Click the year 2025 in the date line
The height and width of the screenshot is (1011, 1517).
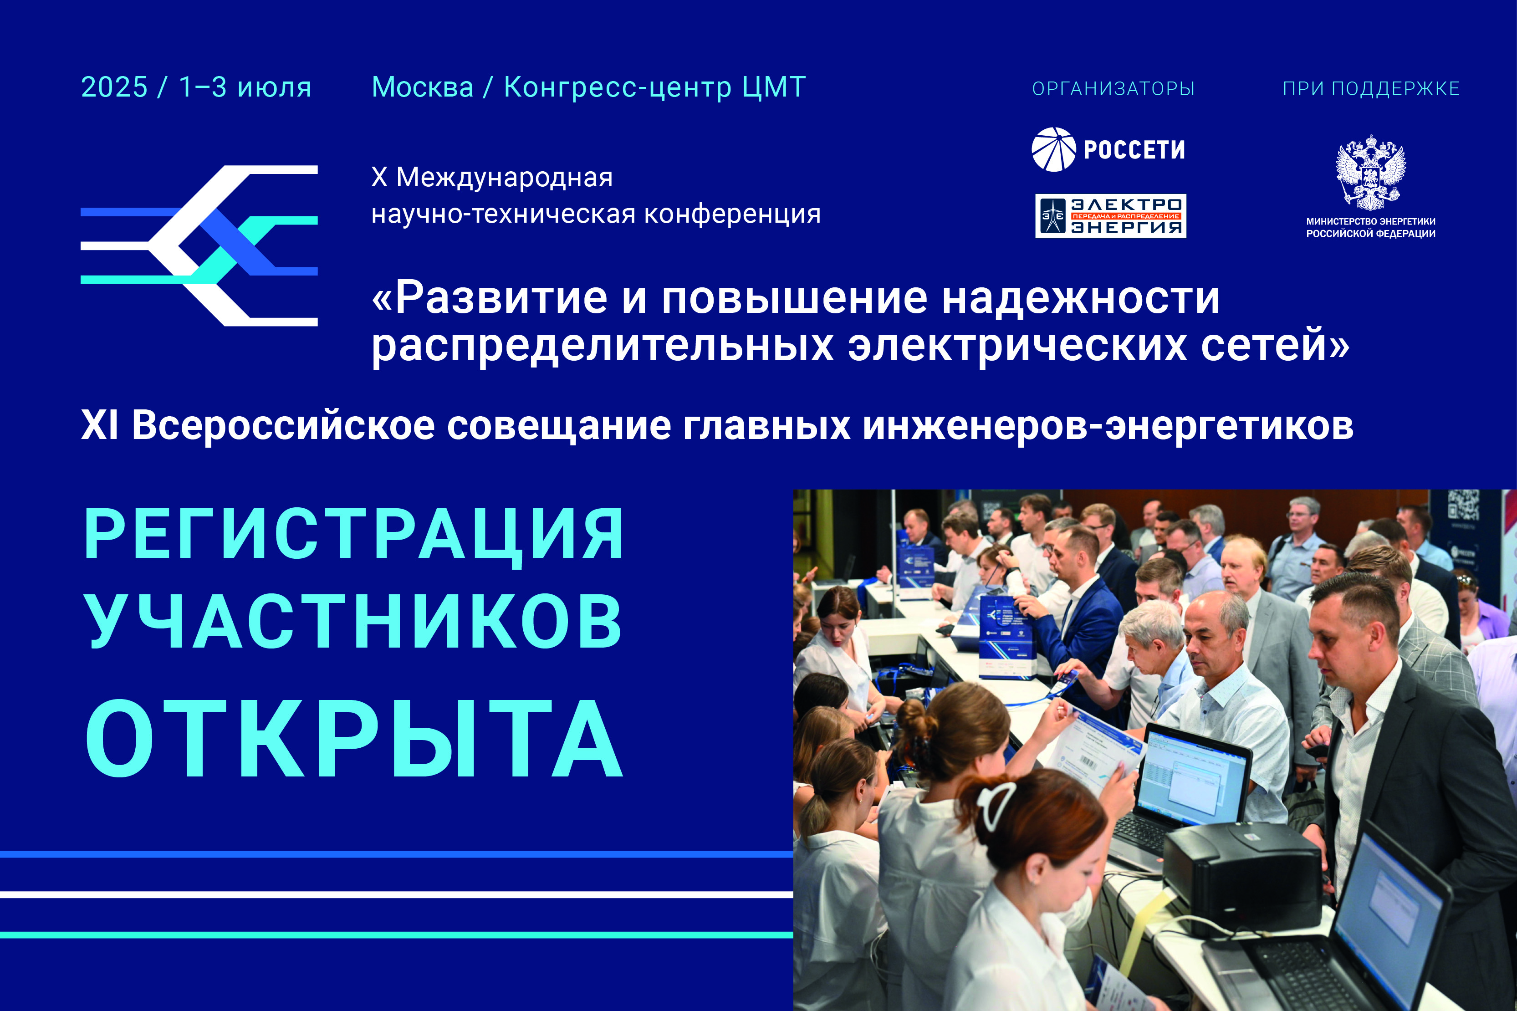tap(114, 87)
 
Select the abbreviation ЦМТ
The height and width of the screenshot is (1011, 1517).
tap(774, 87)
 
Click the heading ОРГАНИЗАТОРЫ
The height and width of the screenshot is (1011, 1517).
tap(1113, 88)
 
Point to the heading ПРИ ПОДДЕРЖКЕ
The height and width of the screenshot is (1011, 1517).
tap(1371, 88)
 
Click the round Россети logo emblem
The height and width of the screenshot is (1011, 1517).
tap(1053, 149)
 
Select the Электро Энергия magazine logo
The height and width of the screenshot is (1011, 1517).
tap(1111, 216)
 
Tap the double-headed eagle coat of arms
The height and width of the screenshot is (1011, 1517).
tap(1371, 172)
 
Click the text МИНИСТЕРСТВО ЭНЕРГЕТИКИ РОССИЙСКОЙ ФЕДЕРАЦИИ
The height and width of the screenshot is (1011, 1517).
tap(1371, 228)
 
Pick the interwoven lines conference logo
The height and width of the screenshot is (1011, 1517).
tap(199, 245)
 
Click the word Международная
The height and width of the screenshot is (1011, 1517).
tap(504, 177)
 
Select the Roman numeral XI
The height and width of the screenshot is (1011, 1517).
tap(99, 425)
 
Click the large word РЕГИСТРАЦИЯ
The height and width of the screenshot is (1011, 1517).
tap(354, 533)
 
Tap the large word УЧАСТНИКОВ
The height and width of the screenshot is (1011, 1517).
tap(353, 620)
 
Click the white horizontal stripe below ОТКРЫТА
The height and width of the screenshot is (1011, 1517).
tap(397, 894)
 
